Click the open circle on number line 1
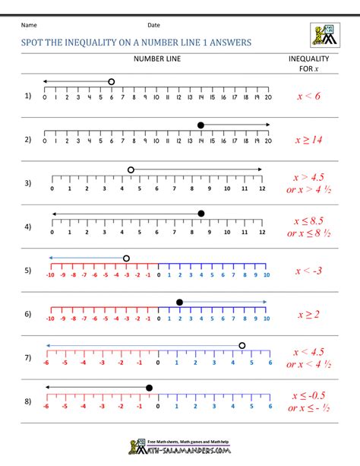[112, 81]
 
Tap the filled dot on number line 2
[201, 125]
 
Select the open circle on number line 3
[131, 170]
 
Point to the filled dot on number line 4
[201, 214]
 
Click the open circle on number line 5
[126, 258]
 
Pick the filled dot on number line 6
[179, 303]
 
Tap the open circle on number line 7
[242, 346]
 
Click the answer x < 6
[308, 96]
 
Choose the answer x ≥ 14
[308, 140]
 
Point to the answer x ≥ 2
[308, 315]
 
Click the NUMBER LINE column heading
[156, 59]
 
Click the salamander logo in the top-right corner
[324, 35]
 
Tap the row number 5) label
[28, 271]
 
